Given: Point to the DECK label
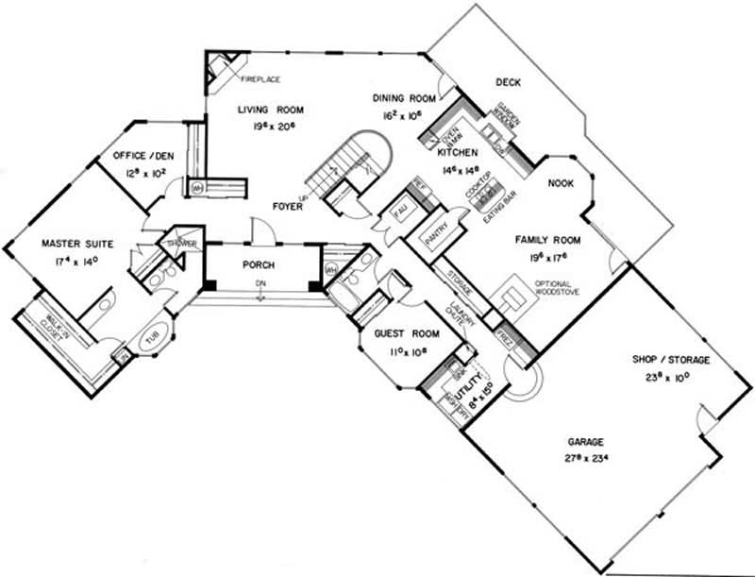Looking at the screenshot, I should pyautogui.click(x=509, y=83).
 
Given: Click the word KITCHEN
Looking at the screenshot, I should pyautogui.click(x=457, y=152).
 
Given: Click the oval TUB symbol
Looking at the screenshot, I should pyautogui.click(x=150, y=337).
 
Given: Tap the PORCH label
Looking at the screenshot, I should pyautogui.click(x=259, y=265).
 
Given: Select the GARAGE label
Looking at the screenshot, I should pyautogui.click(x=585, y=442).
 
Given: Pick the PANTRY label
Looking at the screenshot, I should pyautogui.click(x=437, y=241).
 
